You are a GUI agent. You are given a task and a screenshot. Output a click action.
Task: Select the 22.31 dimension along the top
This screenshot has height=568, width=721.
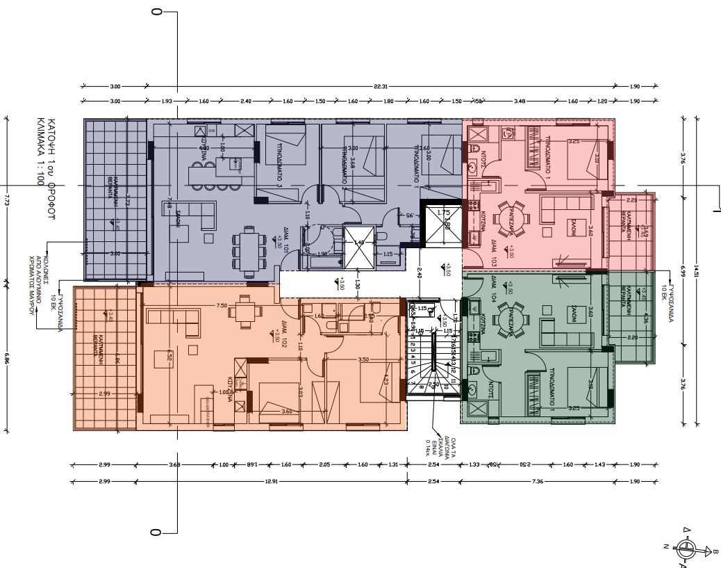click(x=380, y=86)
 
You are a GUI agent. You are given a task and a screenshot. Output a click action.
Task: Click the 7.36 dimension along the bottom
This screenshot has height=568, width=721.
click(x=536, y=481)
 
